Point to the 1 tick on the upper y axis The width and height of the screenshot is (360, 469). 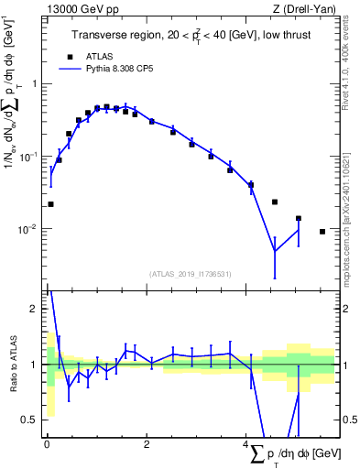[x=36, y=84]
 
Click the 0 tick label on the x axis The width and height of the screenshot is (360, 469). [x=47, y=445]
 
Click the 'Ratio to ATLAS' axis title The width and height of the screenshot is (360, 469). [x=13, y=364]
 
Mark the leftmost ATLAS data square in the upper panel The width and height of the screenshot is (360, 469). [x=50, y=204]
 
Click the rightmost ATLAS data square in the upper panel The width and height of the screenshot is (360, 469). [x=322, y=232]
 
